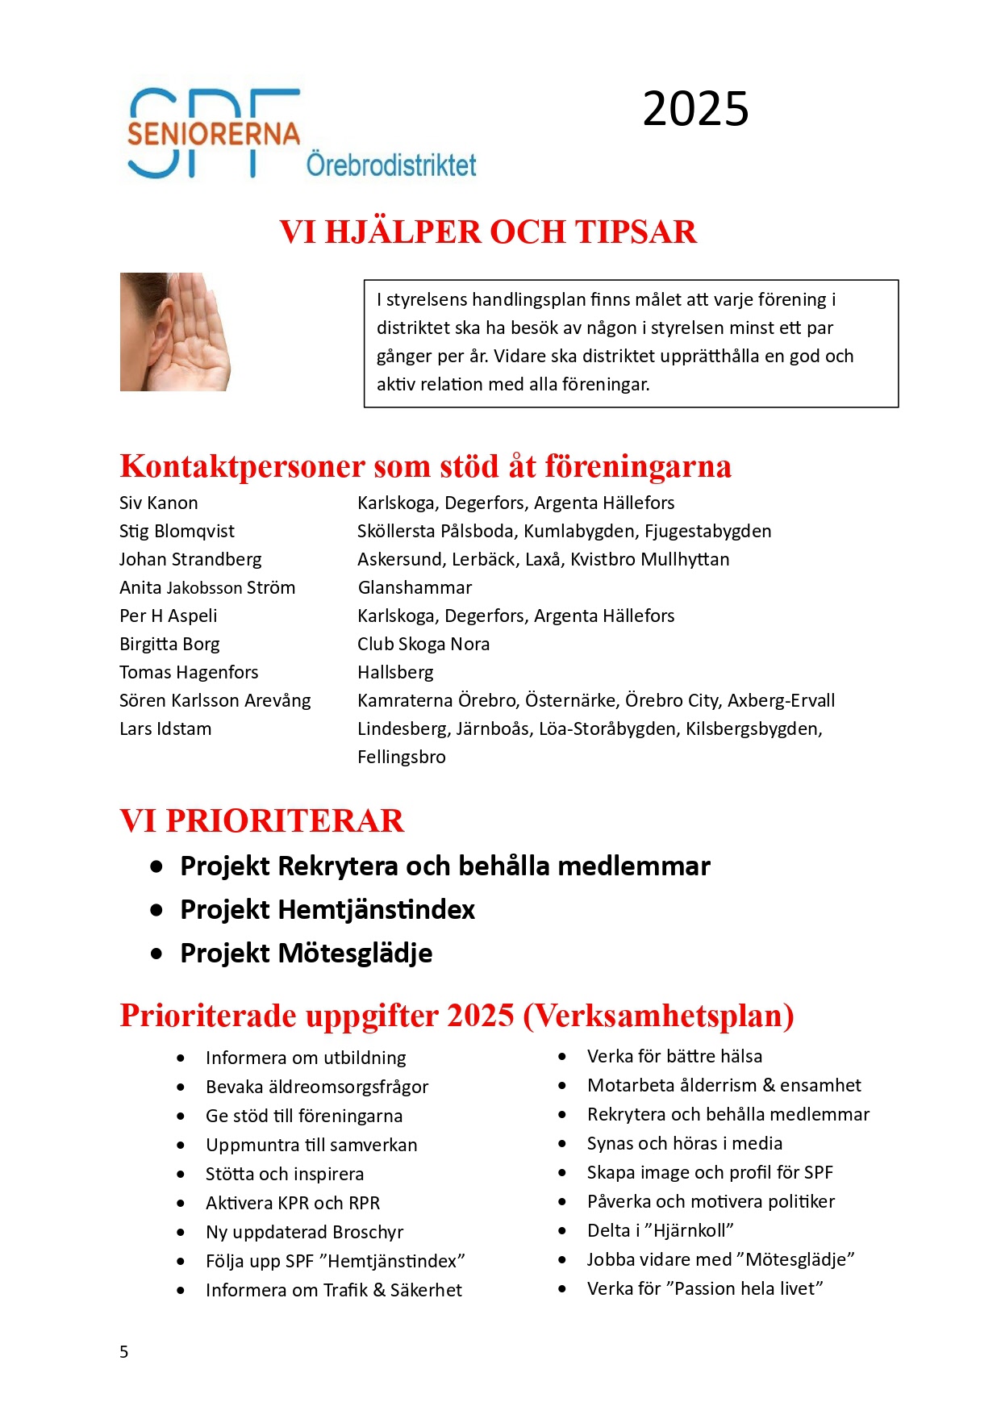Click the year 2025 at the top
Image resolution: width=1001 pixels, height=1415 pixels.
coord(695,109)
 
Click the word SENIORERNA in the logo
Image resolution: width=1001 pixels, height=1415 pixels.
coord(213,134)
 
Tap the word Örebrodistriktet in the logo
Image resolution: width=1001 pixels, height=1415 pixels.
coord(391,165)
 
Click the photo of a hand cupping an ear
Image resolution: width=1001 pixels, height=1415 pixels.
coord(176,332)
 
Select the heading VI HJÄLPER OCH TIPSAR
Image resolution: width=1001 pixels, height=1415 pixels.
coord(488,232)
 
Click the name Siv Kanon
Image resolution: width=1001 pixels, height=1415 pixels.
coord(159,503)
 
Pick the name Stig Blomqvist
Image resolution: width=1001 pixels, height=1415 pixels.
coord(177,532)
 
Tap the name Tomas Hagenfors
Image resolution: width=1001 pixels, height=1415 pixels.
coord(189,673)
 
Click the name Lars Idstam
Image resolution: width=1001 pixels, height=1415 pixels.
coord(165,729)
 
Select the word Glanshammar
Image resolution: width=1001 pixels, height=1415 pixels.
coord(415,588)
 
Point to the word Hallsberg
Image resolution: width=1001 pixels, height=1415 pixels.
coord(395,673)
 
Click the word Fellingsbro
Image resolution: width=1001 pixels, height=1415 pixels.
coord(402,758)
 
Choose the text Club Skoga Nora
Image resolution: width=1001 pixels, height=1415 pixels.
coord(423,645)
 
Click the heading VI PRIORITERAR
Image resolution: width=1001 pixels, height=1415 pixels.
coord(261,821)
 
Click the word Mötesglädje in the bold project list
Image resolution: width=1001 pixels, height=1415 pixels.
coord(355,954)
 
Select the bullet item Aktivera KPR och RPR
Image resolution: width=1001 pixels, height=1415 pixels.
coord(292,1204)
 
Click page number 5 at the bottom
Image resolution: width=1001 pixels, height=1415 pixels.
coord(123,1352)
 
